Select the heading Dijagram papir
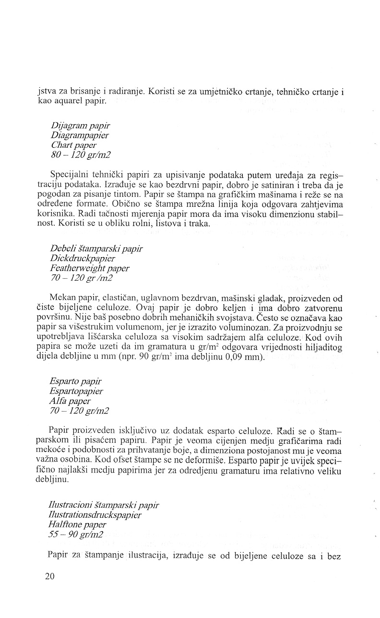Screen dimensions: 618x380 point(76,126)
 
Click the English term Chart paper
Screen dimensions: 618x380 point(73,145)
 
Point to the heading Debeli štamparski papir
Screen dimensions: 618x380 point(96,249)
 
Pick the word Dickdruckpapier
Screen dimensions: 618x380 point(82,259)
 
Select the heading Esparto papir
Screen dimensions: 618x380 point(75,381)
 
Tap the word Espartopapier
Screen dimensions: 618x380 point(76,391)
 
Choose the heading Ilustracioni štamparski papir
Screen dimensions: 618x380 point(104,505)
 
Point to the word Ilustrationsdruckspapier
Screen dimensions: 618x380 point(95,515)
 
